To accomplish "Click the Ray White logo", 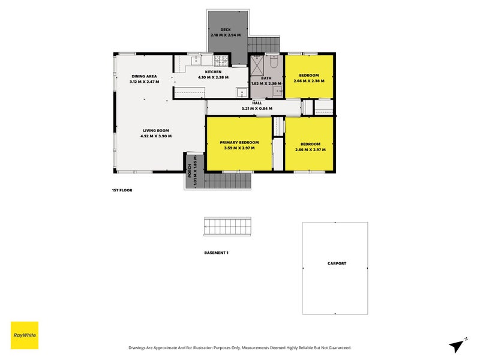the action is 25,335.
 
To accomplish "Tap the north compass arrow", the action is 457,346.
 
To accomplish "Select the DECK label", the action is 226,29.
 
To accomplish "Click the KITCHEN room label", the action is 213,72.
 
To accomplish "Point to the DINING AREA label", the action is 144,76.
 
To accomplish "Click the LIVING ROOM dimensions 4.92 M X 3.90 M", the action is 156,136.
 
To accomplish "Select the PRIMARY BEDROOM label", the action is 239,142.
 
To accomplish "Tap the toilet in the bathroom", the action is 274,62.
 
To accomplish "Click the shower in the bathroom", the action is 257,65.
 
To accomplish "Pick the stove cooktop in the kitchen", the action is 221,61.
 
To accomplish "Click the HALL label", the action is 257,103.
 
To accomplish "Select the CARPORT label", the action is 337,263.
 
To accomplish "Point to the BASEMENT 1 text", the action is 216,253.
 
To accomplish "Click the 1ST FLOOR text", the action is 122,190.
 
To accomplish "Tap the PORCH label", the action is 190,170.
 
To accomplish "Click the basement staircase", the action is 227,227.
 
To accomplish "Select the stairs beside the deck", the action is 263,44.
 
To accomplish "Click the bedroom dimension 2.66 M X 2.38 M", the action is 309,81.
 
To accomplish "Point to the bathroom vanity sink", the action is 278,91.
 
